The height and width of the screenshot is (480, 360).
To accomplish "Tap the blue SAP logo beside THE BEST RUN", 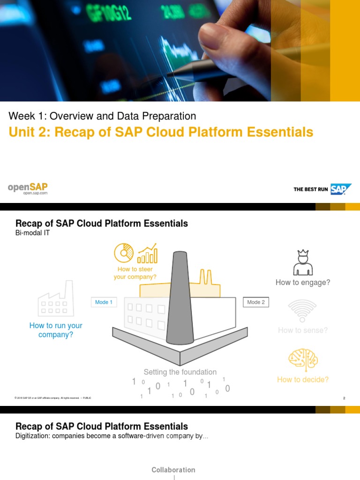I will click(341, 189).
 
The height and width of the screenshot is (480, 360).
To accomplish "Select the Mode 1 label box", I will click(104, 302).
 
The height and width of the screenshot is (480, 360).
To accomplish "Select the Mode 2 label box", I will click(256, 302).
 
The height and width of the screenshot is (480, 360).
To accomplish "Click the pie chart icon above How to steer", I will click(124, 253).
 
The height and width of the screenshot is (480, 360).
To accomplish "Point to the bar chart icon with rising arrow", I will click(147, 253).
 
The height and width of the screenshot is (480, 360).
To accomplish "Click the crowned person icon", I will click(302, 262).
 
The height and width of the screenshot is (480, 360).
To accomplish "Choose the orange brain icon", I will click(303, 359).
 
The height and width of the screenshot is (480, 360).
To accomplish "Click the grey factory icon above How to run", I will click(55, 299).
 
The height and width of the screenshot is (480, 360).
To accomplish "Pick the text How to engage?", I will click(303, 282).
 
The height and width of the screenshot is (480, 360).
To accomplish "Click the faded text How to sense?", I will click(303, 330).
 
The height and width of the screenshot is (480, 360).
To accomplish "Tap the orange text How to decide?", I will click(303, 379).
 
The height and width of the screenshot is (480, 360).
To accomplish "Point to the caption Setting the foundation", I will click(180, 372).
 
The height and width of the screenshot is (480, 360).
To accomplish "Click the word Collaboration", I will click(173, 470).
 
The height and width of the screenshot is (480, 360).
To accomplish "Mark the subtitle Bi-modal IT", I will click(33, 233).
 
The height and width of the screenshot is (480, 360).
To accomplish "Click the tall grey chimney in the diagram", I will click(180, 295).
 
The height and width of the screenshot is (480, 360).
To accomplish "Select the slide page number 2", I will click(344, 398).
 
